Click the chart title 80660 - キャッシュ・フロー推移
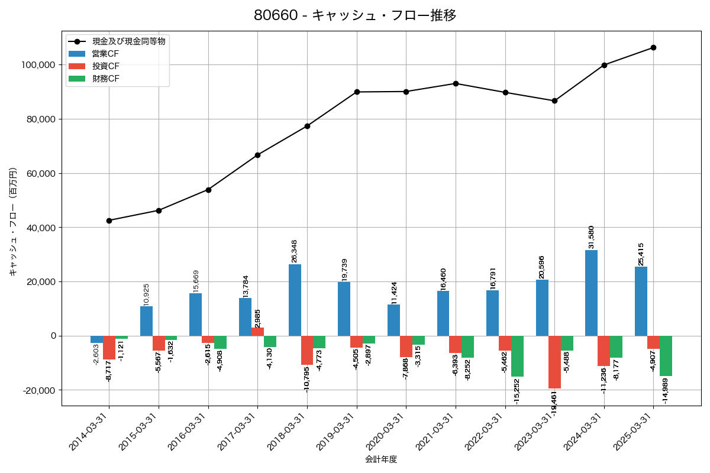tap(355, 15)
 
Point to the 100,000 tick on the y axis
tap(38, 65)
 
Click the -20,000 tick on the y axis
tap(39, 390)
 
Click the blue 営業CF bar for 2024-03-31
tap(591, 293)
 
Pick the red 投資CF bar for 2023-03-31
tap(554, 362)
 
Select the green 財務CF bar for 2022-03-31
tap(517, 356)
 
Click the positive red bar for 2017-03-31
tap(258, 332)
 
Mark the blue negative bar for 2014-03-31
tap(96, 339)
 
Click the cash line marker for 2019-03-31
tap(357, 92)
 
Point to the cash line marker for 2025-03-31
tap(653, 47)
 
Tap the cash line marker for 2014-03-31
tap(109, 221)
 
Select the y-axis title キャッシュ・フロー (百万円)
tap(13, 222)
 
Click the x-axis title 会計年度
tap(381, 459)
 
